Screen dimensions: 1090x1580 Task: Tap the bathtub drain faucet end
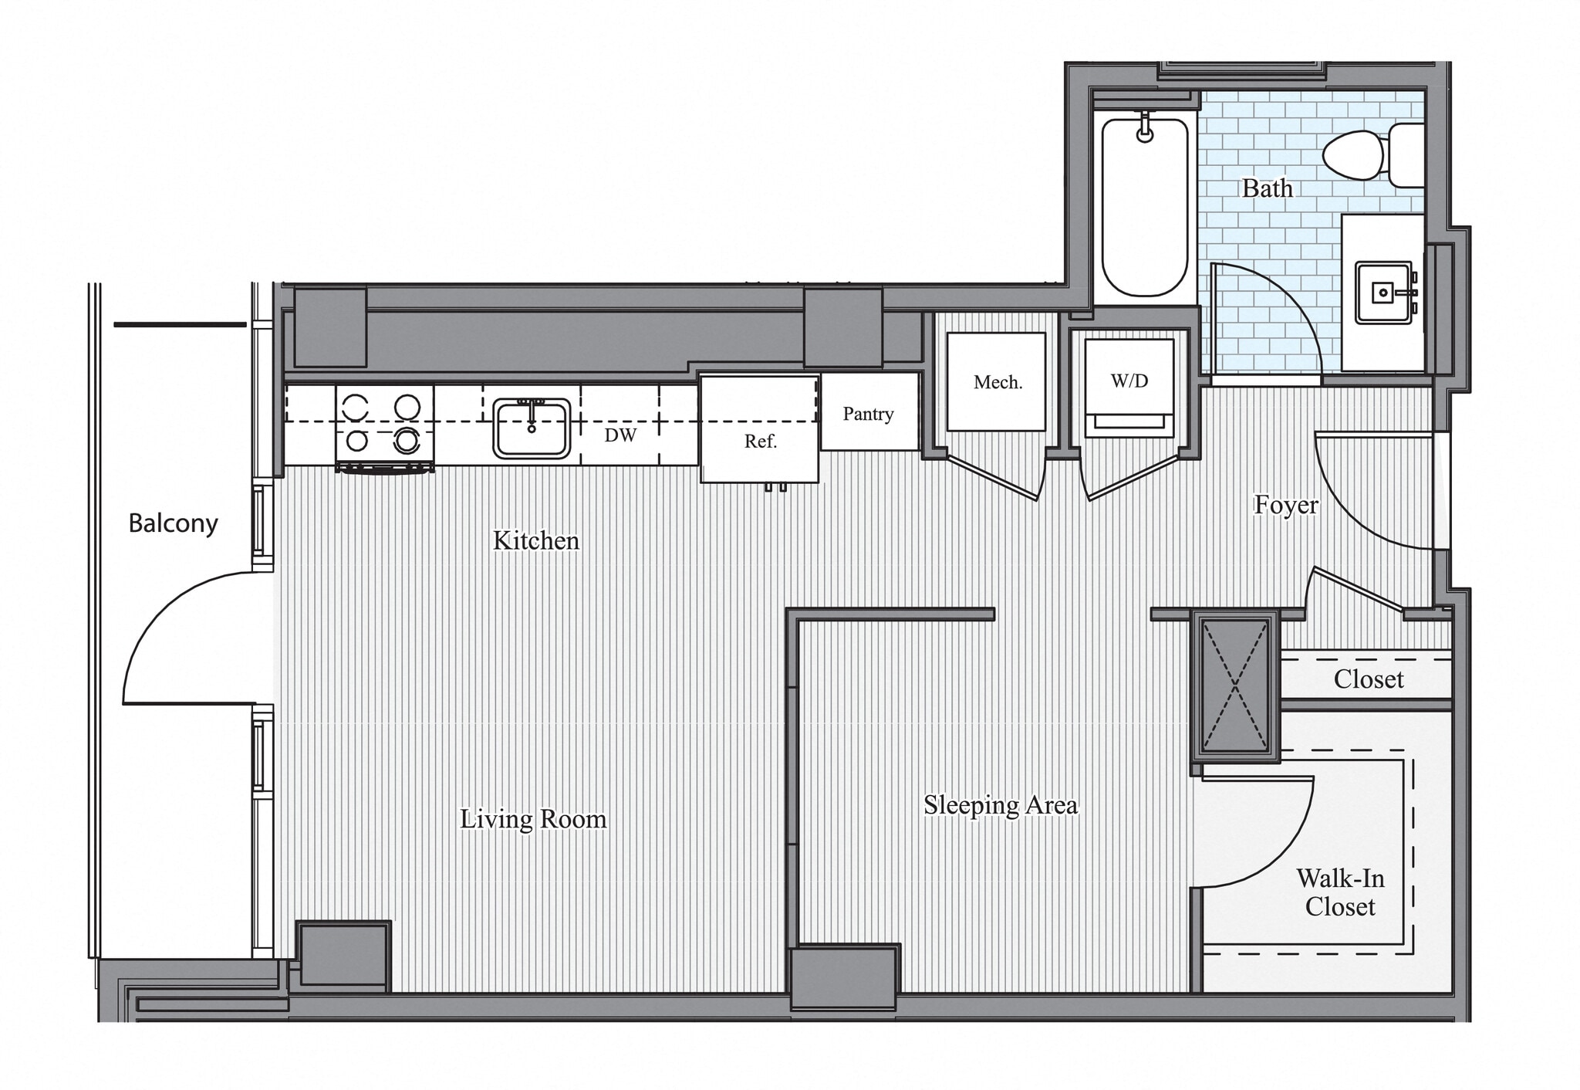[x=1146, y=134]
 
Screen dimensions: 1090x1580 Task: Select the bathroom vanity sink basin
[x=1383, y=293]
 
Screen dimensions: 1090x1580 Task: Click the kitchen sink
[x=532, y=428]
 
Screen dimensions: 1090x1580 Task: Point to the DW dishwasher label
[x=620, y=435]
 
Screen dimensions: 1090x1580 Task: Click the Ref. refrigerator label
[x=760, y=442]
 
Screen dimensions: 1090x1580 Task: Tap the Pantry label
[x=868, y=414]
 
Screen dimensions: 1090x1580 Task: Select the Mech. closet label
[x=998, y=382]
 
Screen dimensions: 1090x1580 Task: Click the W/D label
[x=1129, y=381]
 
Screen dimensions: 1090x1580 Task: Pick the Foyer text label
[x=1286, y=505]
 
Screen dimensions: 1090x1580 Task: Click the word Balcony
[x=173, y=523]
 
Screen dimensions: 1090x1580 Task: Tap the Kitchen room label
[x=535, y=540]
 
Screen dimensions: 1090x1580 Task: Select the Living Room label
[x=533, y=819]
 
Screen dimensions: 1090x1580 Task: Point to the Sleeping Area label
[x=1001, y=805]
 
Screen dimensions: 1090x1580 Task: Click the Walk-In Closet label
[x=1340, y=892]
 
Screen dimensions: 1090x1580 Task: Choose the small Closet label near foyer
[x=1369, y=679]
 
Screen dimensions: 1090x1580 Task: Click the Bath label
[x=1267, y=188]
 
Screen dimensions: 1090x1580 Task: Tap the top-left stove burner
[x=356, y=405]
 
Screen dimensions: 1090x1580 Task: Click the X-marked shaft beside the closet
[x=1234, y=684]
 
